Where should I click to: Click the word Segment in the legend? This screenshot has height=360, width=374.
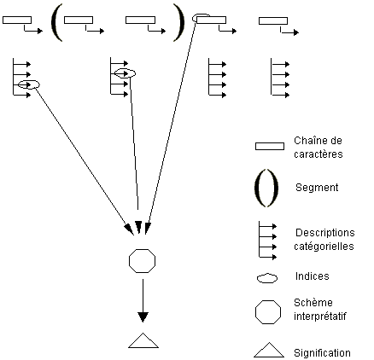click(x=317, y=188)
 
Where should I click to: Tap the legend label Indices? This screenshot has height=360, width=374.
click(x=313, y=276)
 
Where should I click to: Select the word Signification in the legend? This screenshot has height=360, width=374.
click(x=322, y=353)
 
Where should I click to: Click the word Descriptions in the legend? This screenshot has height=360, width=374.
click(x=325, y=233)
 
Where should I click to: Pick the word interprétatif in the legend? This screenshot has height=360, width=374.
click(x=320, y=316)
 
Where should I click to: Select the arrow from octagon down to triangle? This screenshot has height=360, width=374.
click(x=143, y=300)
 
